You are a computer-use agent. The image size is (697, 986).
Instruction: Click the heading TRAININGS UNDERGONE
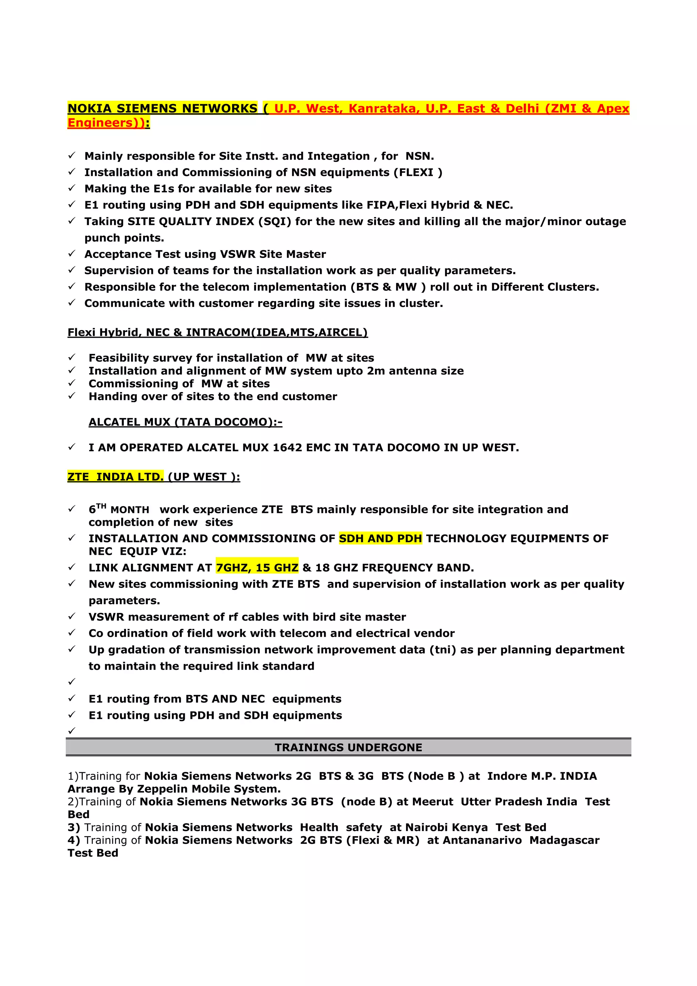coord(348,748)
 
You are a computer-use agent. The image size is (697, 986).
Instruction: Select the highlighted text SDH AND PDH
coord(380,538)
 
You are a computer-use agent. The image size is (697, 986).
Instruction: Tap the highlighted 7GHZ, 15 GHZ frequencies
coord(257,568)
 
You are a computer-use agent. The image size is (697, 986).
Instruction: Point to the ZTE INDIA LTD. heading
coord(115,477)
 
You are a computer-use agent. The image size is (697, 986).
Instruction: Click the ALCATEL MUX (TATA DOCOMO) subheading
coord(185,422)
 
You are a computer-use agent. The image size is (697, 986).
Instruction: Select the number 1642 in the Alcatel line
coord(287,448)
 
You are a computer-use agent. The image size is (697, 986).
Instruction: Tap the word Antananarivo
coord(482,840)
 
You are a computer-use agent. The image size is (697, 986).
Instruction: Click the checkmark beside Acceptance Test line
coord(72,254)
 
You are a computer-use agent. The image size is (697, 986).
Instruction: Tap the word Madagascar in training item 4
coord(564,840)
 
